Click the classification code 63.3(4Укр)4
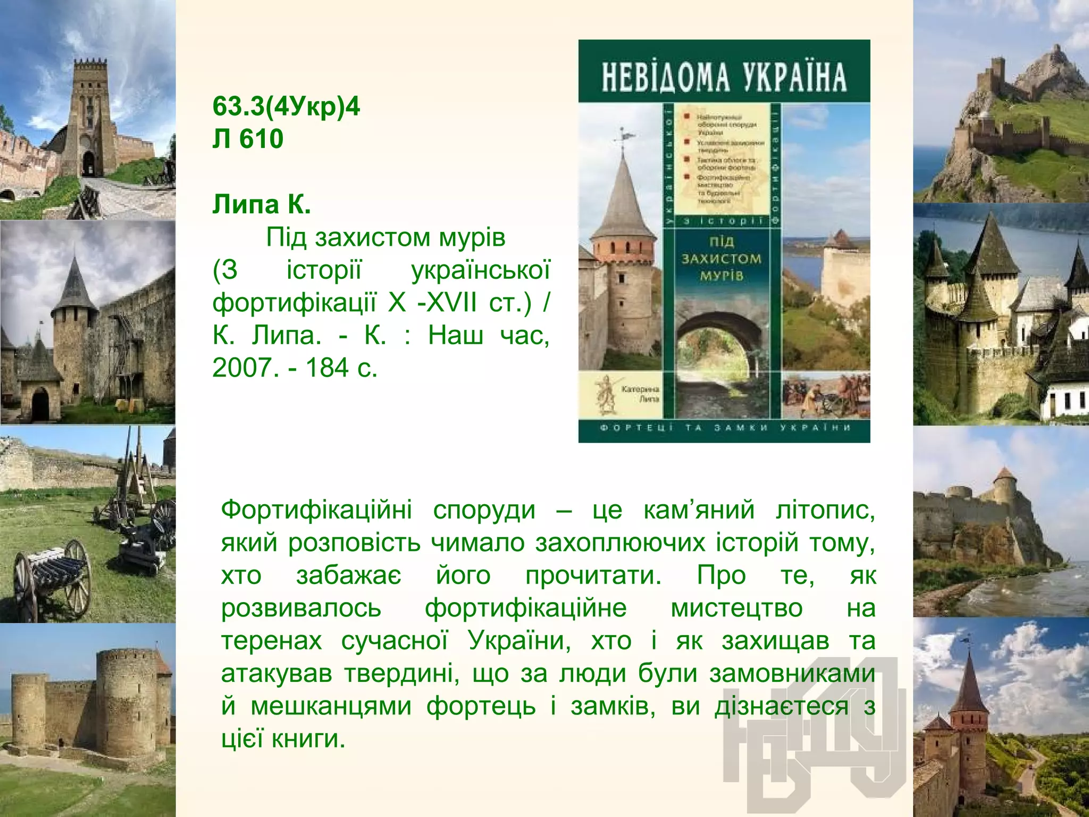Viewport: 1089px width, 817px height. pos(286,106)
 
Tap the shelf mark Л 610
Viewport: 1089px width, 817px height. pos(248,139)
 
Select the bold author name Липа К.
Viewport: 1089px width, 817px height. pos(261,204)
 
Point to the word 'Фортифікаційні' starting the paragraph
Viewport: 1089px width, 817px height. pos(316,510)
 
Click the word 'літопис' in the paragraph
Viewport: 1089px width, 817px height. pos(825,510)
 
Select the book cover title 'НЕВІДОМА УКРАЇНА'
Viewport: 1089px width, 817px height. pos(724,77)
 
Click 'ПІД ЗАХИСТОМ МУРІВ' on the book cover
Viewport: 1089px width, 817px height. pos(721,259)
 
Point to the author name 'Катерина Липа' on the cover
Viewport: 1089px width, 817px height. pos(640,394)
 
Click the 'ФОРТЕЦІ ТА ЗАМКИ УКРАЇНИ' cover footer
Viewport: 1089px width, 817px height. pos(724,428)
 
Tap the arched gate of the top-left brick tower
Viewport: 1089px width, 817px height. pos(89,162)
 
